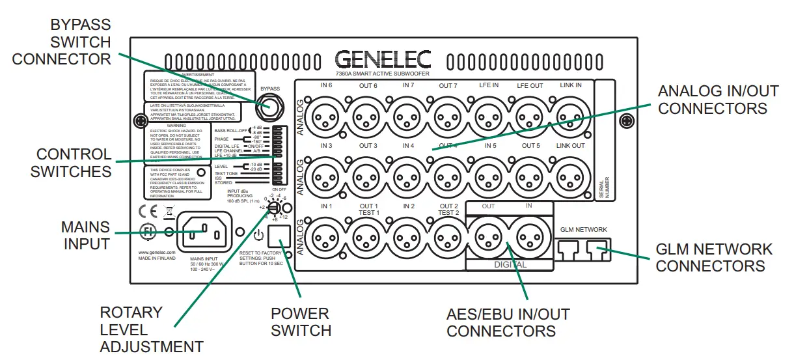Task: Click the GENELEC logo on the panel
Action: pos(383,61)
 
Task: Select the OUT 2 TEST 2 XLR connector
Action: pos(448,236)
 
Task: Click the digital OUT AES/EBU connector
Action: pos(489,236)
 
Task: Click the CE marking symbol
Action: pos(149,212)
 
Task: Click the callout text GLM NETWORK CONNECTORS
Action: pos(714,258)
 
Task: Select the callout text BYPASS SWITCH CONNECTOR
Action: pos(62,42)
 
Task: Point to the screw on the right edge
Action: pos(625,120)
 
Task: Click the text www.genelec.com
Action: pos(157,251)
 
